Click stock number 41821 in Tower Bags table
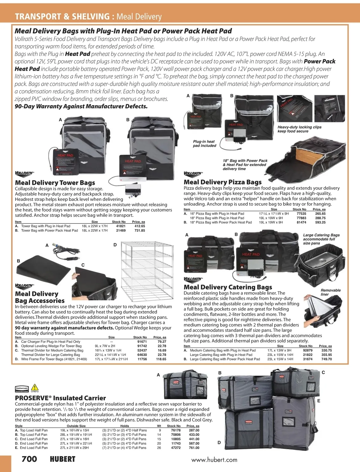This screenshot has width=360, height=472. coord(121,226)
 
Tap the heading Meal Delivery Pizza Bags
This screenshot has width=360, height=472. coord(222,182)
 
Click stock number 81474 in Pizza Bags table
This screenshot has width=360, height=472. coord(301,222)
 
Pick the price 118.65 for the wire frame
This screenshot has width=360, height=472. coord(161,359)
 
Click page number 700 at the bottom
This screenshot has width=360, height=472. coord(29,459)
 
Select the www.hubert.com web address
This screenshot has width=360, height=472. coord(214,460)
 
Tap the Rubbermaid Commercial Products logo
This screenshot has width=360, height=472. coord(22,390)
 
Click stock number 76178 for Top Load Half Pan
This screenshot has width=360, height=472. coord(174,430)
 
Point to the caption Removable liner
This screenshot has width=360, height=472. coord(331,292)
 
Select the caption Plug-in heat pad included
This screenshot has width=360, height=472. coord(204,144)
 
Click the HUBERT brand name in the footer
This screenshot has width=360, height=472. coord(62,459)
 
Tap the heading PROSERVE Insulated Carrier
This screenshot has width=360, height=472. coord(60,398)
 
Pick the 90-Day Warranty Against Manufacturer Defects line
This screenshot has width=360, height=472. coord(81,106)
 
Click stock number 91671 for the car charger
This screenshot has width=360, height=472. coord(142,341)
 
